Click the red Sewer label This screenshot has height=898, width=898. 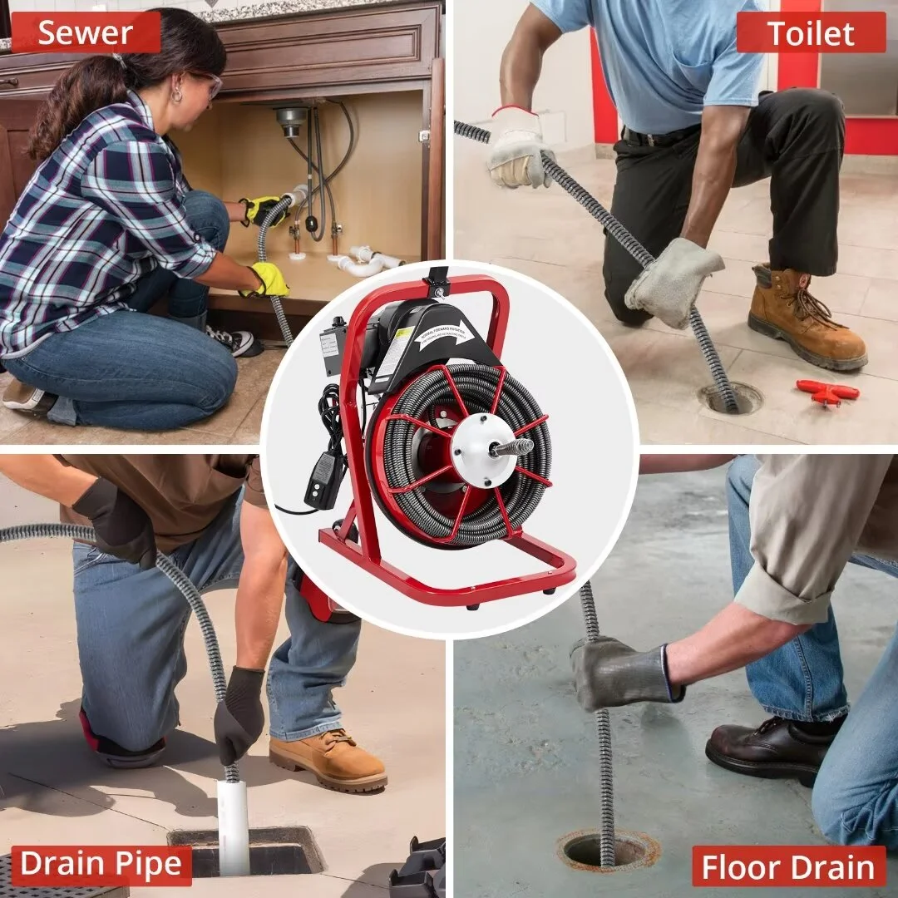point(85,33)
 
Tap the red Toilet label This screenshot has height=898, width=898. point(810,33)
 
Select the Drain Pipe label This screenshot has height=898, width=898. point(101,866)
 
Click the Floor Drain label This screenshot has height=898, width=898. point(788,866)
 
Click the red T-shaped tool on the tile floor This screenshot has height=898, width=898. point(826,391)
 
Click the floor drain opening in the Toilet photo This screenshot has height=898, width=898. point(730,398)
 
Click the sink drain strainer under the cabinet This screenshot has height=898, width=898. point(291,121)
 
